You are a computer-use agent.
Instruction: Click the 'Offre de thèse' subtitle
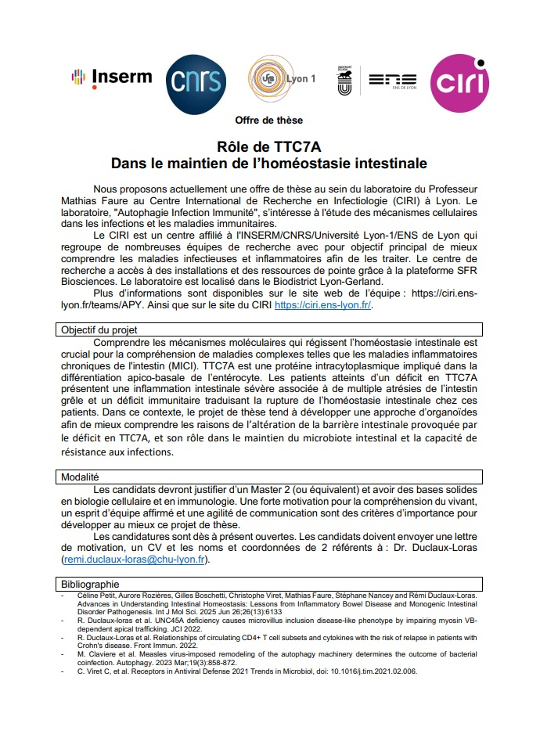[x=269, y=120]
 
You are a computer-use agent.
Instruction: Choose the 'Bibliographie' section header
[x=91, y=585]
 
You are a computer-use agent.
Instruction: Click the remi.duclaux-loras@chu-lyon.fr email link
[x=135, y=560]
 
